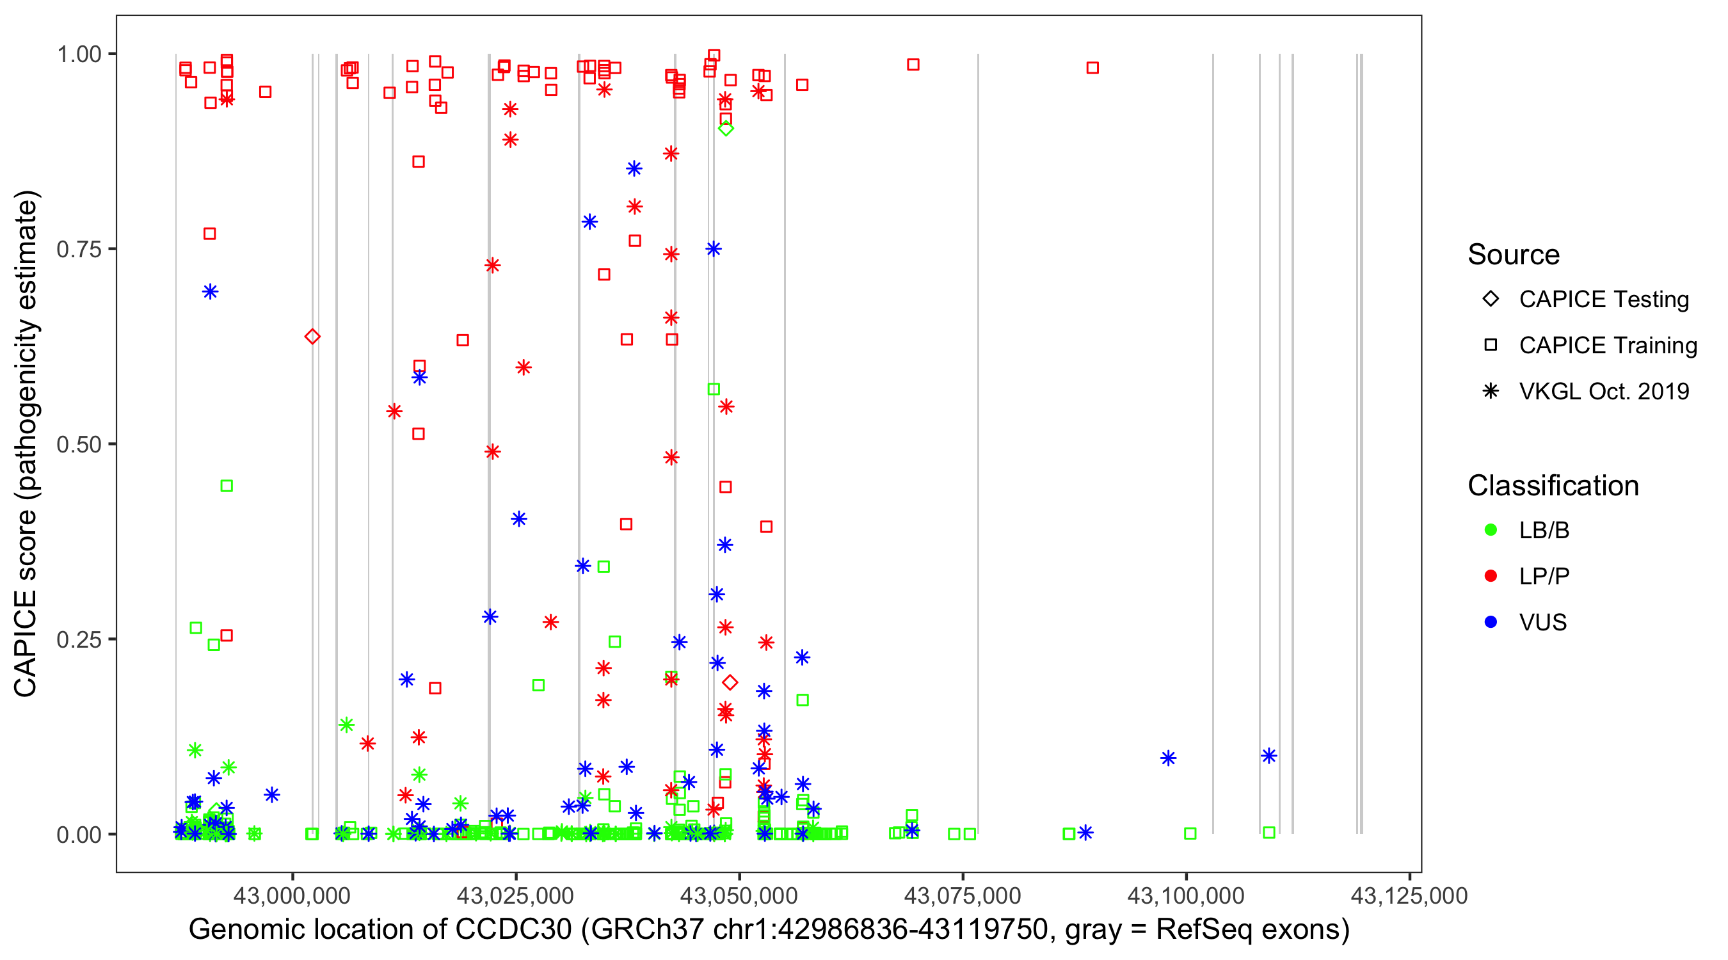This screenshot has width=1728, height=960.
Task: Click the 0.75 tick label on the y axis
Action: pyautogui.click(x=78, y=250)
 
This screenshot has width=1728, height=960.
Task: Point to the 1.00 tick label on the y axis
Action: pyautogui.click(x=78, y=54)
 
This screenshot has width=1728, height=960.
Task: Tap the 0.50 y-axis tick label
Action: pyautogui.click(x=78, y=445)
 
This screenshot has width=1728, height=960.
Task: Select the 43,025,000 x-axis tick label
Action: pyautogui.click(x=515, y=895)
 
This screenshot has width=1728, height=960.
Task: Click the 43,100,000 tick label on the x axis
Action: pyautogui.click(x=1185, y=895)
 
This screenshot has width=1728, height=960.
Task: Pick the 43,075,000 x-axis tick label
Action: pyautogui.click(x=962, y=895)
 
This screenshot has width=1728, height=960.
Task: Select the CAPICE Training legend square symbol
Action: pyautogui.click(x=1491, y=346)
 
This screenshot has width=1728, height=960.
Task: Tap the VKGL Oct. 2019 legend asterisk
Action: pyautogui.click(x=1491, y=391)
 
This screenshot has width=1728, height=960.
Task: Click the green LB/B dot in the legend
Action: pyautogui.click(x=1491, y=530)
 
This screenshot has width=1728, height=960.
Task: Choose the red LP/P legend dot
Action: pyautogui.click(x=1491, y=576)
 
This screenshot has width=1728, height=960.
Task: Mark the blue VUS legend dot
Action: pyautogui.click(x=1491, y=622)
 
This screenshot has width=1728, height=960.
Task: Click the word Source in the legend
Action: pyautogui.click(x=1514, y=255)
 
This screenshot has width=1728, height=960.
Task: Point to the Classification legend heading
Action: pyautogui.click(x=1553, y=486)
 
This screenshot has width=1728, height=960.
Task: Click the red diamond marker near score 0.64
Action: pyautogui.click(x=312, y=337)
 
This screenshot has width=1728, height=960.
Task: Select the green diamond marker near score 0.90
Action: pyautogui.click(x=725, y=128)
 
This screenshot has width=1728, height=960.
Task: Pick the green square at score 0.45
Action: pyautogui.click(x=227, y=486)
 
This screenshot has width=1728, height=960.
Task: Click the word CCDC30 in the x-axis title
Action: pyautogui.click(x=513, y=930)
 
